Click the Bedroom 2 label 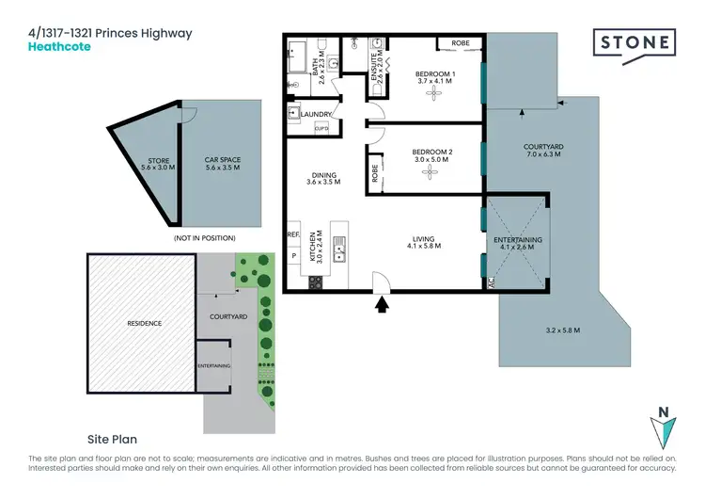pos(433,153)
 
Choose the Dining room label pos(324,174)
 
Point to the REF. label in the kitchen pos(292,235)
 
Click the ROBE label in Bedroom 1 pos(461,43)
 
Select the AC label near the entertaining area pos(491,281)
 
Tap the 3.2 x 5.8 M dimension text pos(561,330)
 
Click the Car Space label pos(223,160)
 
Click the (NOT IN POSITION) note pos(204,238)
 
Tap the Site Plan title pos(113,439)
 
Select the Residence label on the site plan pos(144,323)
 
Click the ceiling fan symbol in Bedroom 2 pos(431,172)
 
